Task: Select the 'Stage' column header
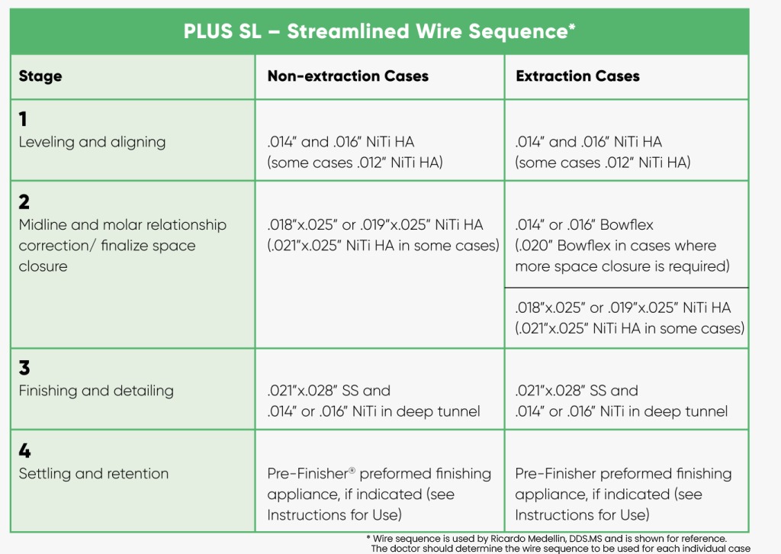pyautogui.click(x=40, y=76)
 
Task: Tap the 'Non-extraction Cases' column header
pyautogui.click(x=348, y=76)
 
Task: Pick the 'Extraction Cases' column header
pyautogui.click(x=577, y=76)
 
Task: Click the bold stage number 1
pyautogui.click(x=23, y=119)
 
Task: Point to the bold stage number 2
pyautogui.click(x=24, y=201)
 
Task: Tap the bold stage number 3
pyautogui.click(x=24, y=368)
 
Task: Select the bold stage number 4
pyautogui.click(x=24, y=450)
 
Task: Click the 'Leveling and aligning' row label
pyautogui.click(x=92, y=142)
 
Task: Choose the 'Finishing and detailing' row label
pyautogui.click(x=96, y=391)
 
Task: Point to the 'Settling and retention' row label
pyautogui.click(x=94, y=473)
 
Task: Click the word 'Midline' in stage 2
pyautogui.click(x=43, y=224)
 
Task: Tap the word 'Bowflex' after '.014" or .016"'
pyautogui.click(x=627, y=224)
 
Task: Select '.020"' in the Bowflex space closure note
pyautogui.click(x=535, y=246)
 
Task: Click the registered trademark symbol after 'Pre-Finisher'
pyautogui.click(x=352, y=470)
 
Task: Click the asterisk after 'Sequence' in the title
pyautogui.click(x=572, y=27)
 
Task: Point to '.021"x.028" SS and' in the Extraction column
pyautogui.click(x=577, y=391)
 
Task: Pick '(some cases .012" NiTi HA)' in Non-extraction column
pyautogui.click(x=355, y=163)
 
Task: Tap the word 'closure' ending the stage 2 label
pyautogui.click(x=43, y=266)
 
